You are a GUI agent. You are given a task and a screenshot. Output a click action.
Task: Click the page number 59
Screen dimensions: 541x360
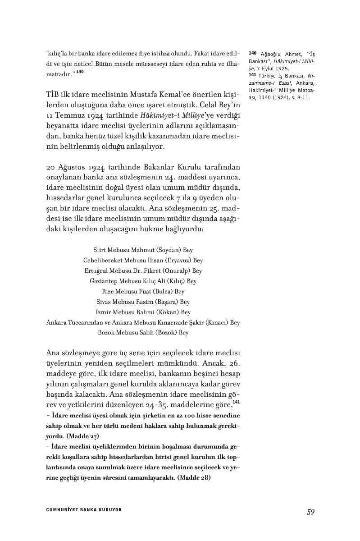coord(310,512)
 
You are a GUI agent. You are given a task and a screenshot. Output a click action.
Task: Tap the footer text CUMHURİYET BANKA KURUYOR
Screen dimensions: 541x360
coord(84,510)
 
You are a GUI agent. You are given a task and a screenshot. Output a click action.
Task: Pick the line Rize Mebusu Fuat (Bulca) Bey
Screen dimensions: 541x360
coord(143,291)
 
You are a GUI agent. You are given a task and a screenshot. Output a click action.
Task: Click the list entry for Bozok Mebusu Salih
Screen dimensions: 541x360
coord(143,333)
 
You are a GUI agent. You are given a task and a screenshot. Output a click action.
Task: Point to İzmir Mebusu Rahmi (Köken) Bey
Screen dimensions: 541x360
coord(143,312)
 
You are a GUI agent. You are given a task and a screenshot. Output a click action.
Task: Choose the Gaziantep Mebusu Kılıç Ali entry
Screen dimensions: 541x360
coord(143,281)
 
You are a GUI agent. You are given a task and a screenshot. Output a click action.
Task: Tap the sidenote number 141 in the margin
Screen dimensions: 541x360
coord(252,75)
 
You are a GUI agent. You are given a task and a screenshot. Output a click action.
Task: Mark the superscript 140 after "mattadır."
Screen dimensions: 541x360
coord(80,71)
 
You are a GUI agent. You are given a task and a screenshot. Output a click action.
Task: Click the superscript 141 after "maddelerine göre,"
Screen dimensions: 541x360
coord(236,402)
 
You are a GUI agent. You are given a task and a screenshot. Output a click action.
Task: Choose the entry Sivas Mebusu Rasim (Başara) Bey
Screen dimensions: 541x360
coord(143,302)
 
